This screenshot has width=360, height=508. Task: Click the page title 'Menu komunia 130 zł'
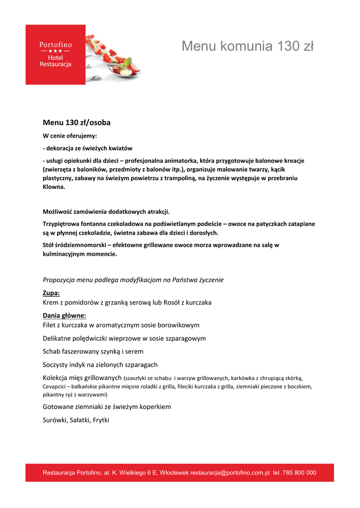click(247, 46)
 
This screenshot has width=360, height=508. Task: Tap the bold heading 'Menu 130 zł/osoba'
click(76, 123)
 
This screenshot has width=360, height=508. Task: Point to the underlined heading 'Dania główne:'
click(65, 316)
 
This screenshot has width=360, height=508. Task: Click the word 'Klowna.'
click(54, 188)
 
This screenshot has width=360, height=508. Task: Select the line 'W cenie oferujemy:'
click(70, 136)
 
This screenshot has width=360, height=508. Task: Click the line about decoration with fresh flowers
click(87, 148)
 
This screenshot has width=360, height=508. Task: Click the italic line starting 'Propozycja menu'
click(133, 280)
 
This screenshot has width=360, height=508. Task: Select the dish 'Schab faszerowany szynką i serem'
click(93, 351)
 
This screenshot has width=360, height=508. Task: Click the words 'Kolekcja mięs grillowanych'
click(82, 378)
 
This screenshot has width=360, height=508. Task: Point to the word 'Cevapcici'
click(55, 386)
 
